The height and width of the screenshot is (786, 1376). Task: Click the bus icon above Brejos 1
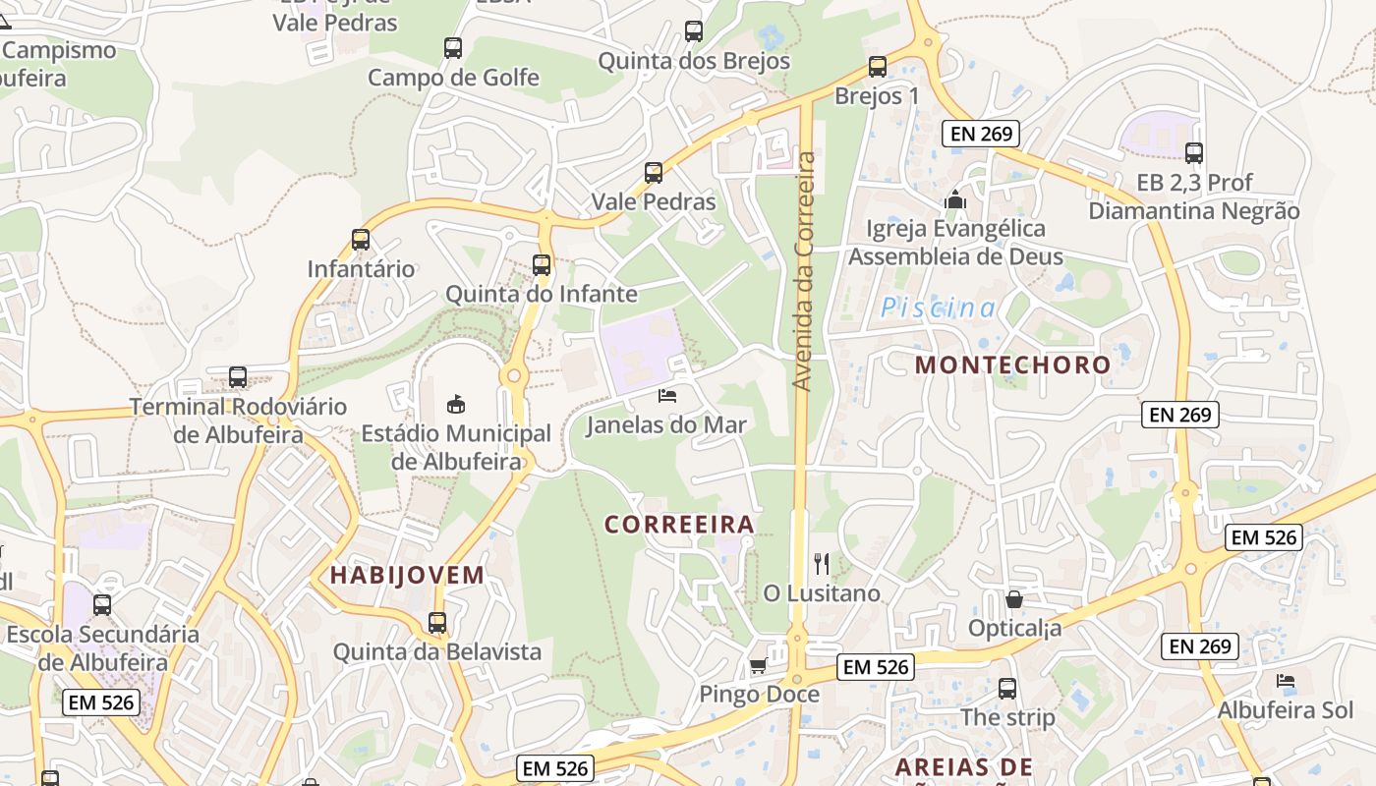point(877,67)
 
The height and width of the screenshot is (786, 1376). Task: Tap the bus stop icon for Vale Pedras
point(654,173)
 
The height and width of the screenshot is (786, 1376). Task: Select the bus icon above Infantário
point(361,240)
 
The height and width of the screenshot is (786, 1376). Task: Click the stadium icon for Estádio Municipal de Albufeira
point(456,404)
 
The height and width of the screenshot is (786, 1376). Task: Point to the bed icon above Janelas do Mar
point(667,396)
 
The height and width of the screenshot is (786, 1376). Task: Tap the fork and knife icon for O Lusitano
point(822,564)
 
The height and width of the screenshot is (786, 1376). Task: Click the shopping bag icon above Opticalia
point(1014,598)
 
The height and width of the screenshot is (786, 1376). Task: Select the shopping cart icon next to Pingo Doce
point(758,666)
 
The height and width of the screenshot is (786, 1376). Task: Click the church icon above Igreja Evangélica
point(954,199)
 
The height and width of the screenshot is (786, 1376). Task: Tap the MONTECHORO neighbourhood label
point(1012,365)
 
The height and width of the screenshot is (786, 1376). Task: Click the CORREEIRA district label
point(679,525)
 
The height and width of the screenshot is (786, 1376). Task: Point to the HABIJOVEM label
point(407,576)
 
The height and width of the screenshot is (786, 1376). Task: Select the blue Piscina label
point(938,309)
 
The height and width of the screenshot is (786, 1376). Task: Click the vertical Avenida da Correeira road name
point(805,270)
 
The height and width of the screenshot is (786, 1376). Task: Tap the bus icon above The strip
point(1007,689)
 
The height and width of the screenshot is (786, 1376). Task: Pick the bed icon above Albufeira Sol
point(1285,681)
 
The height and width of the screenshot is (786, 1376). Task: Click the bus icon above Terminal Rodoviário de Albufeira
point(238,377)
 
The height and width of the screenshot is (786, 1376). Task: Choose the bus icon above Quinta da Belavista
point(437,623)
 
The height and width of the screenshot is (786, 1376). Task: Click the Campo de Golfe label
point(453,77)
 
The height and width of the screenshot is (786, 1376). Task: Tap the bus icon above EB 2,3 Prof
point(1194,153)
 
